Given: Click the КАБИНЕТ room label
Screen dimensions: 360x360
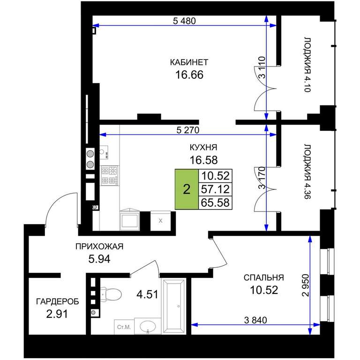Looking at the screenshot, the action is [189, 62].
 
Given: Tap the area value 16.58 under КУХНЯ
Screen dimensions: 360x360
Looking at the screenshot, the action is [203, 160].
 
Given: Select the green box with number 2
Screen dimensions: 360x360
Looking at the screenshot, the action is [187, 189].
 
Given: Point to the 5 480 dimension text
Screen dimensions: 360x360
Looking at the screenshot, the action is [184, 21].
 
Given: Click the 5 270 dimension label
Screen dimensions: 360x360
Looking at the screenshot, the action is [188, 130].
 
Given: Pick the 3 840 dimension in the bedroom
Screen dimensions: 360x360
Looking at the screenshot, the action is [255, 320].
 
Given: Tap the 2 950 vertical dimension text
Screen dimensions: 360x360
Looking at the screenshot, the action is [306, 285].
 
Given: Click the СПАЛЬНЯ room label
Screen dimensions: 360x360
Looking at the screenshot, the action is [264, 277].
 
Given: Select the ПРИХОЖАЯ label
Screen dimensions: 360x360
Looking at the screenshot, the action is [99, 247].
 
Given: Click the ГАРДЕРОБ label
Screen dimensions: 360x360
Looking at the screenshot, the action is [57, 301].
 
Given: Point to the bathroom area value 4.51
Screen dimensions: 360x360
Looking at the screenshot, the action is [147, 294].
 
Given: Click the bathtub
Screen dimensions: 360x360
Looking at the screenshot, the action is [174, 306].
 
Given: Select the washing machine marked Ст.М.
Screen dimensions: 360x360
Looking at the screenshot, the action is [124, 327].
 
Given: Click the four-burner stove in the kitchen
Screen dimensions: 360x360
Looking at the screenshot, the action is [110, 175].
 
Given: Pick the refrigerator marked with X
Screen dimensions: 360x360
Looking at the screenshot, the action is [160, 221].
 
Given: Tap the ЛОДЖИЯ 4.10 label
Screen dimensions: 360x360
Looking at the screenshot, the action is [307, 64].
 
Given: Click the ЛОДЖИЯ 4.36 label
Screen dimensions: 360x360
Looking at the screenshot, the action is [307, 172].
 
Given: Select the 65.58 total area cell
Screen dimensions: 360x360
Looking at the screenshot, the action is [215, 202].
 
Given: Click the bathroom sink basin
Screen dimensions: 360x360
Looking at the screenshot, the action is [148, 326].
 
